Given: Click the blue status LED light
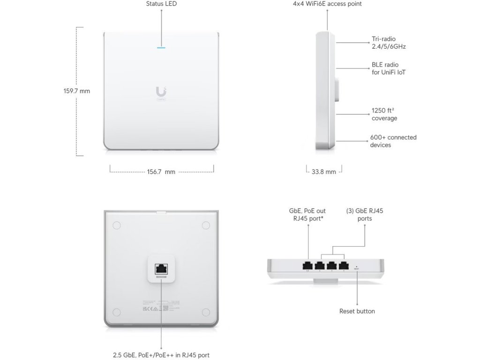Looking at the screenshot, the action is (161, 47).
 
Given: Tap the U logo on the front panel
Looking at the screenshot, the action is (161, 92).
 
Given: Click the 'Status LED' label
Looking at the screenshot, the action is (161, 4).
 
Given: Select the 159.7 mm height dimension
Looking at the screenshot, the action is (77, 91).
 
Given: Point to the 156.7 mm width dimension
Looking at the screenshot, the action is (161, 172).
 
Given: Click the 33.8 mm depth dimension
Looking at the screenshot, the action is (324, 172).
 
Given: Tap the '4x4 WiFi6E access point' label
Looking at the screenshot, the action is (327, 4).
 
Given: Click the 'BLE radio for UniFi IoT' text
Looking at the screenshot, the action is (389, 68).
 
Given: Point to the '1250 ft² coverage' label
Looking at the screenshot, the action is (385, 114).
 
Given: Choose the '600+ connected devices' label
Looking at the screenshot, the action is (393, 141).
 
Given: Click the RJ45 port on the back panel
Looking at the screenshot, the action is (161, 269).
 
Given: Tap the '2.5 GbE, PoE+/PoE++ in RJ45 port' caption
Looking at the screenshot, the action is (161, 355).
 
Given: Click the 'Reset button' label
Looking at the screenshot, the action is (357, 311).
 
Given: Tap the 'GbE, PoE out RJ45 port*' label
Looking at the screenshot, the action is (307, 215).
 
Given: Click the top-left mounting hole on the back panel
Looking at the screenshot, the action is (116, 225).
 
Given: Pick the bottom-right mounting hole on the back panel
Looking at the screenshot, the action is (206, 313).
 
